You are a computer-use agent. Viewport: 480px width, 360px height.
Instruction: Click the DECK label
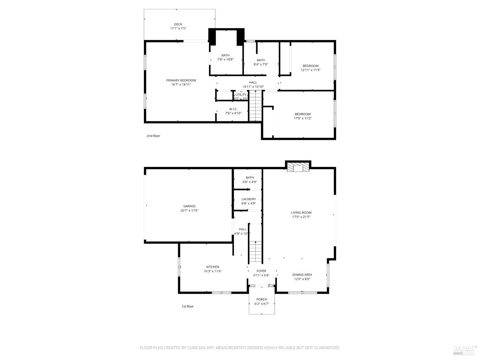(178, 24)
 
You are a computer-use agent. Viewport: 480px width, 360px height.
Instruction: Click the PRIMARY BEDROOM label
(181, 80)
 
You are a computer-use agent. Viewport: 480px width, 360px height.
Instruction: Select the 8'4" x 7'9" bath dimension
(261, 64)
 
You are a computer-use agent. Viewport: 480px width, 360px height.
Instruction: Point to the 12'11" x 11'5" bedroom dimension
(310, 70)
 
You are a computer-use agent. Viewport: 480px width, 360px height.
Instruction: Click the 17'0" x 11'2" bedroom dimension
(302, 118)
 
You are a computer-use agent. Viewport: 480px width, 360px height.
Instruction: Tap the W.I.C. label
(233, 109)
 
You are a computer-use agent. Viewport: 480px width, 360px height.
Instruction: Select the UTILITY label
(241, 95)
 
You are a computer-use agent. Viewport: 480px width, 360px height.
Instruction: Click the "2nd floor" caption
(153, 136)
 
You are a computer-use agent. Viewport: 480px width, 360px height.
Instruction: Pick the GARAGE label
(189, 206)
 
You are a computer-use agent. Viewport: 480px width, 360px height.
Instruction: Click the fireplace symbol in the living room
(298, 168)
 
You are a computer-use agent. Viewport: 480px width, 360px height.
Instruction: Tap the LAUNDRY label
(249, 199)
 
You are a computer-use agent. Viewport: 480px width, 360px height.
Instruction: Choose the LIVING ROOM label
(301, 212)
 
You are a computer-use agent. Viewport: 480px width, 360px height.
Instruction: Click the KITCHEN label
(212, 267)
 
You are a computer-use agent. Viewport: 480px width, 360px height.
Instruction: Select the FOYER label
(261, 271)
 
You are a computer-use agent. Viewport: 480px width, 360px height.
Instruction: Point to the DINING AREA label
(302, 275)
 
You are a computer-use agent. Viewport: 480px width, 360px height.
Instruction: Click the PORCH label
(261, 300)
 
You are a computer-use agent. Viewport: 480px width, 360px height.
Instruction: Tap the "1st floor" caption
(188, 307)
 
